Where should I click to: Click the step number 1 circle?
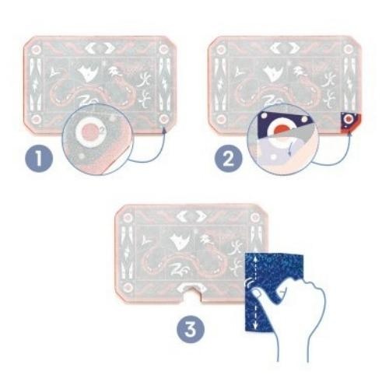tap(39, 158)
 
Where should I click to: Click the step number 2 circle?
tap(228, 159)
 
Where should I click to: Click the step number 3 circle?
tap(191, 329)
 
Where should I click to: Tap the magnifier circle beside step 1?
tap(97, 139)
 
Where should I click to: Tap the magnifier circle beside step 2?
tap(283, 139)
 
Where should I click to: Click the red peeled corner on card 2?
tap(350, 122)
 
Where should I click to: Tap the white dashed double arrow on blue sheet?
tap(255, 293)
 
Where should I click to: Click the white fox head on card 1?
tap(89, 72)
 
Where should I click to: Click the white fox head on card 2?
tap(274, 72)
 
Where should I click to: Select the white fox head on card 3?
tap(180, 240)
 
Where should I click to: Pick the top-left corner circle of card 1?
tap(36, 50)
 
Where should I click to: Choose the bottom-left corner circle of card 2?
tap(220, 120)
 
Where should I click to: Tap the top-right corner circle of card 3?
tap(255, 217)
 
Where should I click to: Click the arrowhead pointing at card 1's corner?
tap(164, 130)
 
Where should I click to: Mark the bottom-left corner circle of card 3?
tap(128, 287)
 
